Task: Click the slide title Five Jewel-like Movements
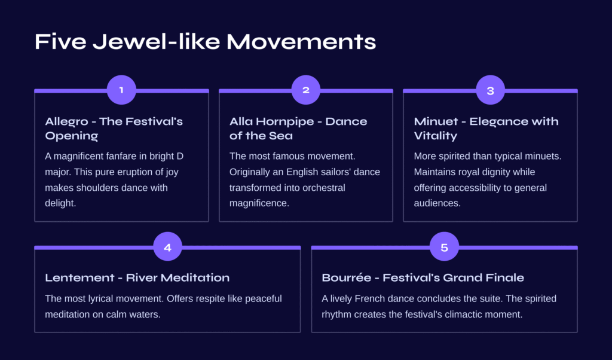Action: coord(206,41)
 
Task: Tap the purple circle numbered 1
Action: coord(121,90)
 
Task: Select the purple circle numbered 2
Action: coord(306,90)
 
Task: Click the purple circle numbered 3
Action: coord(491,90)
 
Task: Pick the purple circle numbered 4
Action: coord(168,246)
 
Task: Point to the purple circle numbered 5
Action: coord(444,246)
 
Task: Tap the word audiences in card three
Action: coord(436,203)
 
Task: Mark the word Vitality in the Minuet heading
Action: coord(436,136)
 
